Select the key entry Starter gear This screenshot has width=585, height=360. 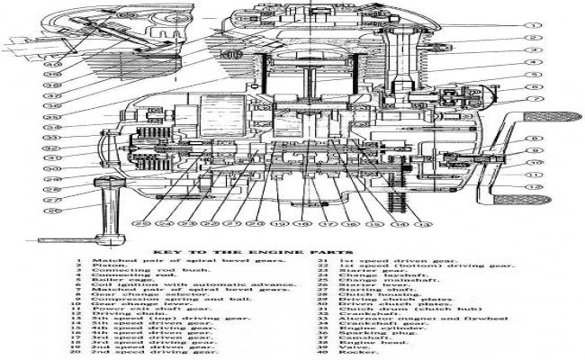point(364,275)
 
